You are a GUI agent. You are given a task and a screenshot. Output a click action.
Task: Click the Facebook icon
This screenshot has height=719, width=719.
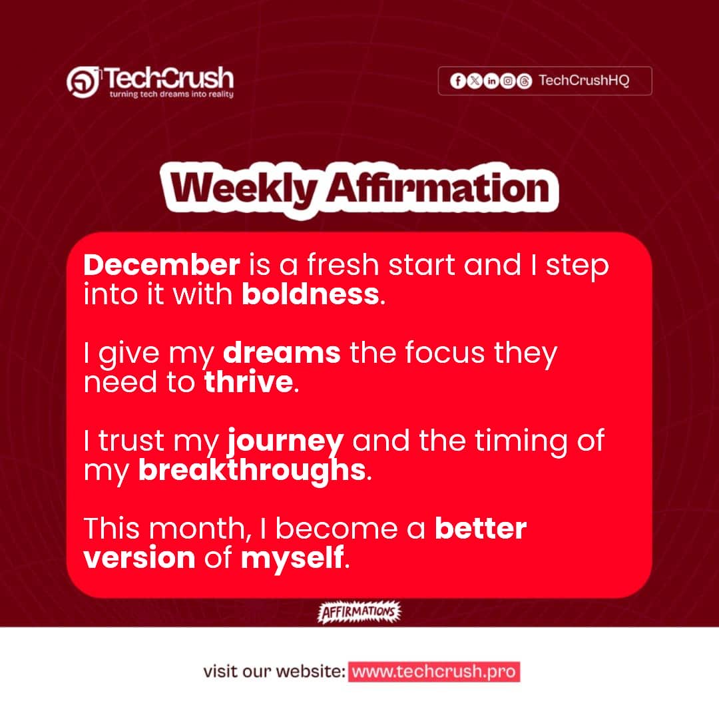(457, 81)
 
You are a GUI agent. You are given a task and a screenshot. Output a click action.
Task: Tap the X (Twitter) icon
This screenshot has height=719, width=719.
(474, 81)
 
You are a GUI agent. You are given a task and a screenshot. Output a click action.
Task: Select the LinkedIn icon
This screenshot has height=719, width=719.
(491, 81)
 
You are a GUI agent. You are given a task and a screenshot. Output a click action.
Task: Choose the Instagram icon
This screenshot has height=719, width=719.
(508, 81)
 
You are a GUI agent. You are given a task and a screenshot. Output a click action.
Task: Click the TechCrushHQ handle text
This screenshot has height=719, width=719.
(584, 81)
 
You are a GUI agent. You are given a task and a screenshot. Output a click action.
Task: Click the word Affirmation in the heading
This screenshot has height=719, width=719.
(437, 188)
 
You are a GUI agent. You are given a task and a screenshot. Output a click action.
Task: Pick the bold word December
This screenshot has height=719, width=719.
(162, 266)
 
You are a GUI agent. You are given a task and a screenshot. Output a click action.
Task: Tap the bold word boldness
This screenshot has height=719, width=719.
(310, 294)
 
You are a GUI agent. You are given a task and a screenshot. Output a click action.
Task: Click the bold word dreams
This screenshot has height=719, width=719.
(282, 354)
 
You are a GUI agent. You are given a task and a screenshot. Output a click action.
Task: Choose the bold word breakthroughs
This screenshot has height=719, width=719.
(252, 471)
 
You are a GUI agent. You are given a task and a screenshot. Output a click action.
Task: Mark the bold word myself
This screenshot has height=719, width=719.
(292, 558)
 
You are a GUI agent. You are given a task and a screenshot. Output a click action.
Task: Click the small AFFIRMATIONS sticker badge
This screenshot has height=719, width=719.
(360, 612)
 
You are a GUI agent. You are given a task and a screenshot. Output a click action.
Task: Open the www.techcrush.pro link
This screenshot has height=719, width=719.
(433, 672)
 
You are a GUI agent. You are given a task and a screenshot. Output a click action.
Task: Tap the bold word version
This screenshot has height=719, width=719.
(140, 558)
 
